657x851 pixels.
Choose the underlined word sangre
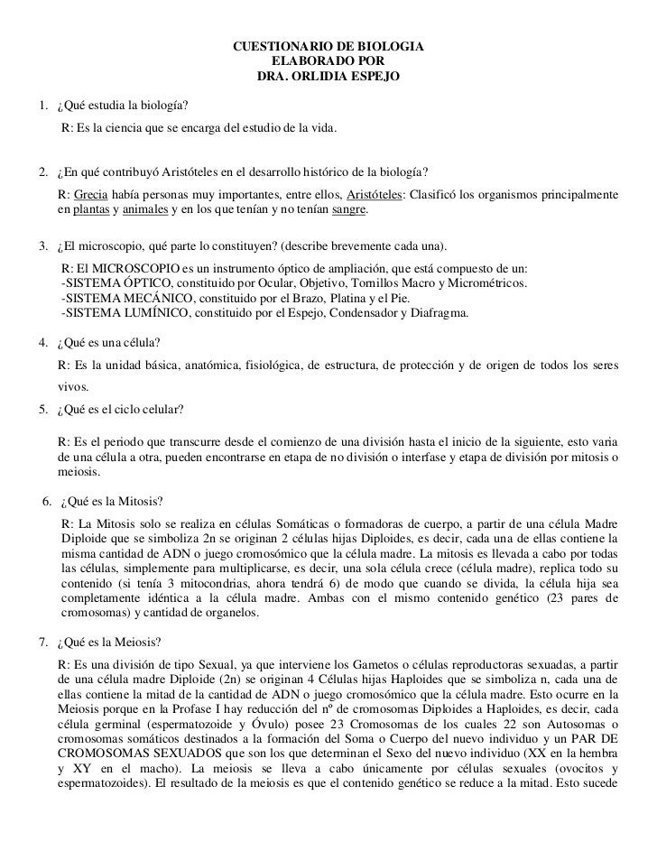[347, 210]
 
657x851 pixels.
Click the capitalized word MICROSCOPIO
[125, 270]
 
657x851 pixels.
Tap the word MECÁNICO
[150, 299]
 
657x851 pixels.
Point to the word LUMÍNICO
[149, 313]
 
